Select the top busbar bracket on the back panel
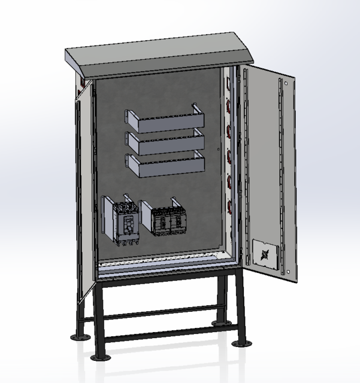(165, 123)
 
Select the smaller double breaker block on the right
(168, 221)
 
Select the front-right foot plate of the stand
(241, 344)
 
